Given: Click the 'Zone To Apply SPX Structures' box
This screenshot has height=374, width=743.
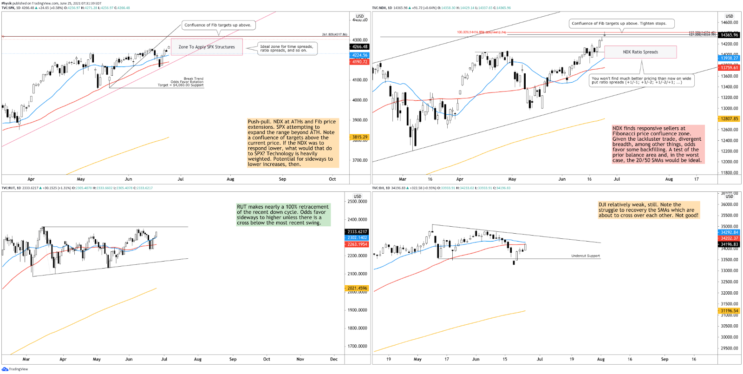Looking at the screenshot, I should tap(207, 47).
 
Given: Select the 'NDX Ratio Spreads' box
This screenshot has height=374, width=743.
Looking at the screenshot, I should tap(640, 52).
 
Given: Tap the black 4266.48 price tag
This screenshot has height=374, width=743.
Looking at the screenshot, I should tap(359, 47).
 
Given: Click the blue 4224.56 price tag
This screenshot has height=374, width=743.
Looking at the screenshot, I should tap(359, 55).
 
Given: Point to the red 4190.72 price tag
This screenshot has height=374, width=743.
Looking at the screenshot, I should tap(359, 62).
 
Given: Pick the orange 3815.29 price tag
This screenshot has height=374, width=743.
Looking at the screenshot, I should tap(359, 137).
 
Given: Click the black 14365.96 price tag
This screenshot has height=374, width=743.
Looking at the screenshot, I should tap(729, 35).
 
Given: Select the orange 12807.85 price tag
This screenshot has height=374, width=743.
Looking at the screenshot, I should tap(729, 119).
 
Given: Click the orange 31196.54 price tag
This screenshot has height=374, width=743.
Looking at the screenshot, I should tap(729, 311).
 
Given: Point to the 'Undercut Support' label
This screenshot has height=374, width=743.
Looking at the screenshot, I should tap(585, 256).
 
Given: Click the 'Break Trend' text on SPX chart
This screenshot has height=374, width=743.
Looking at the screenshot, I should tap(193, 79).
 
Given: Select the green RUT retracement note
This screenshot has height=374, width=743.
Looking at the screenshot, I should tap(283, 215).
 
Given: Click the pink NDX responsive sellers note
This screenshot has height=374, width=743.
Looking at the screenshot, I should tap(658, 144).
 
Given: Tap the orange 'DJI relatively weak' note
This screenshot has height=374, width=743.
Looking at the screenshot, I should tap(648, 210).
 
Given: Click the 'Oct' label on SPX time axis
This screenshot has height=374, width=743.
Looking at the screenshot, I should tap(332, 179).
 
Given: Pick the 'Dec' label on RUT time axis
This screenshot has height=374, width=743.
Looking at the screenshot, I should tap(334, 359).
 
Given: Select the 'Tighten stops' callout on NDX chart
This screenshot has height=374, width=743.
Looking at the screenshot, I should tap(621, 23).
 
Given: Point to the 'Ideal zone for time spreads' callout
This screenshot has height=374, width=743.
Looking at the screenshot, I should tap(287, 48).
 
